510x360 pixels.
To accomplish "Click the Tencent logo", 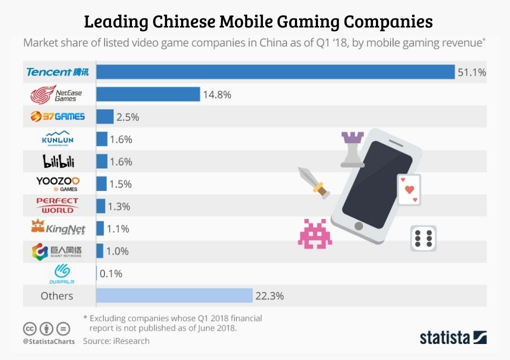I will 57,72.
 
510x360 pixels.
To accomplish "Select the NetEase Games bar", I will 148,94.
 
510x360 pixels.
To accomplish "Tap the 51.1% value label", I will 471,72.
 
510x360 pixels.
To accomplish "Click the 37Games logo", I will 57,116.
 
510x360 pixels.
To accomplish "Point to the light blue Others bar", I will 174,295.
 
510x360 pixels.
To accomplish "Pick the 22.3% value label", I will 269,296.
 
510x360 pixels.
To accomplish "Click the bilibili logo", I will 57,161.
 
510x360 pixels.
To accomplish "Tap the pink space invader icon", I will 315,233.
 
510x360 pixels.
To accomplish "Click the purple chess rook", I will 352,148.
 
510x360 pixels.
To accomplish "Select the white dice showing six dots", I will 423,238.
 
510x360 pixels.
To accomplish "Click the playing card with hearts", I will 408,189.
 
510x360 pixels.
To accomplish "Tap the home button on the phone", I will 358,226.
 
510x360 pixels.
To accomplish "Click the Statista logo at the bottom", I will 453,337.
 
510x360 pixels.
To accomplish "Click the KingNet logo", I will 57,228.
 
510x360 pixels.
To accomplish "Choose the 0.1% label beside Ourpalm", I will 111,273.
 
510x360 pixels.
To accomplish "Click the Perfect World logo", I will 57,205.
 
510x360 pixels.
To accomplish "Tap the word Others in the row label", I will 57,296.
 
